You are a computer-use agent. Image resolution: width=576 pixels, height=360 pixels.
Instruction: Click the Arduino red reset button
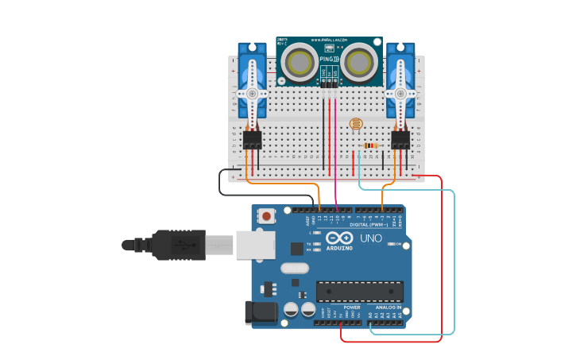point(267,215)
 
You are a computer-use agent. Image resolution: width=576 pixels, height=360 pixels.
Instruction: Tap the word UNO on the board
point(371,238)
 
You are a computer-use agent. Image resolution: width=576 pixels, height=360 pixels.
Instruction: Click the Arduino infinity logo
point(339,238)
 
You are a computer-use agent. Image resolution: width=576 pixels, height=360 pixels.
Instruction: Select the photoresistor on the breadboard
point(355,124)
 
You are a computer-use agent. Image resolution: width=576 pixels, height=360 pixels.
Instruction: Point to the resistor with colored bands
point(369,145)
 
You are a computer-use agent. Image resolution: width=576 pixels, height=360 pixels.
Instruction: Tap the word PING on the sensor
point(327,59)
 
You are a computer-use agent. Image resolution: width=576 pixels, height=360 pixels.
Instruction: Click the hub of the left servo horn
point(253,93)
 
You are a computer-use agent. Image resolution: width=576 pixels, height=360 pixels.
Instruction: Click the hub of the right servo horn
point(400,93)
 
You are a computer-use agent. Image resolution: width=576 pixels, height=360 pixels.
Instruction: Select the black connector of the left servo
point(253,140)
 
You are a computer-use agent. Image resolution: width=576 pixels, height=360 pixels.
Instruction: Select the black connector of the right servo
point(400,140)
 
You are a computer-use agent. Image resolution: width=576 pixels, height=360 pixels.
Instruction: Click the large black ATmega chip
point(359,291)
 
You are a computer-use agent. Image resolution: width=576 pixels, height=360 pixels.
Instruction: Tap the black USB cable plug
point(180,245)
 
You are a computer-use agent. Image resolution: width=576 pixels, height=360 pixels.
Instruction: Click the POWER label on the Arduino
point(351,307)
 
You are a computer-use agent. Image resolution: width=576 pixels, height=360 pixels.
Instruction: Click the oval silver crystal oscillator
point(294,268)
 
